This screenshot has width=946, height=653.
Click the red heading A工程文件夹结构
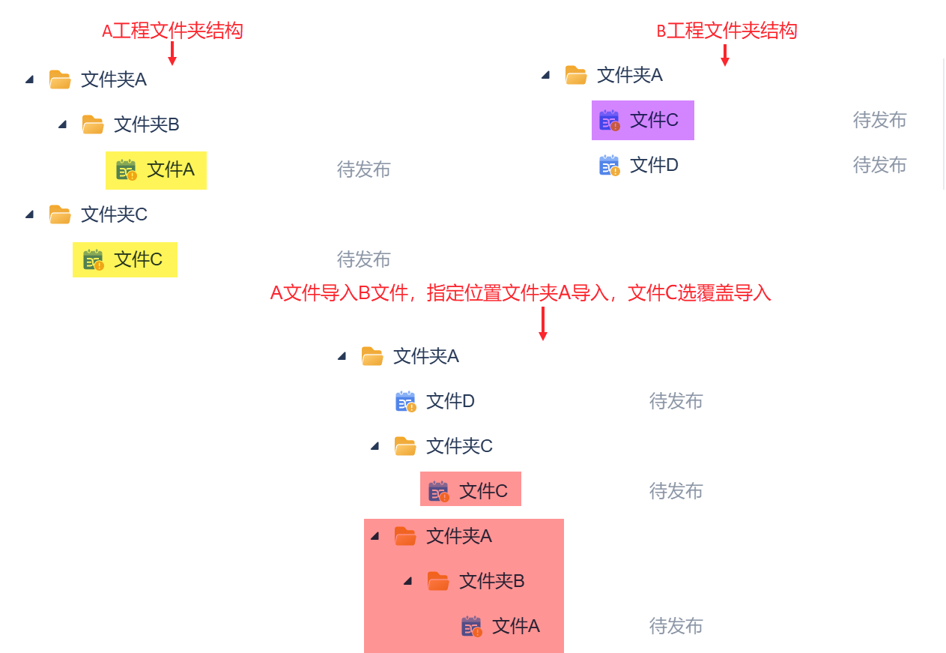click(x=172, y=31)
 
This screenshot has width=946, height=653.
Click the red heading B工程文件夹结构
click(x=727, y=31)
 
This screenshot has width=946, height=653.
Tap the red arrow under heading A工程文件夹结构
click(x=172, y=53)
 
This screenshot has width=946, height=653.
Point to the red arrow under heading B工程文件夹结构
click(x=724, y=55)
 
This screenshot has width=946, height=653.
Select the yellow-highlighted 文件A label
click(x=170, y=169)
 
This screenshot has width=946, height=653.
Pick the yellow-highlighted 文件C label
click(x=138, y=259)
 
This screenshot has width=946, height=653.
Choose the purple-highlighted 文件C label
click(x=654, y=120)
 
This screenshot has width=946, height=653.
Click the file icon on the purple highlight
click(x=610, y=121)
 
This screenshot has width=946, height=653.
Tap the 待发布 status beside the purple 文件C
click(x=879, y=120)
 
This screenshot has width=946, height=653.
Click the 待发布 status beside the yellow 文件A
click(x=363, y=169)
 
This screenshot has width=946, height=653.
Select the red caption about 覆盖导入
click(x=521, y=293)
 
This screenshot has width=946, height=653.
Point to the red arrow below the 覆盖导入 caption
click(x=543, y=323)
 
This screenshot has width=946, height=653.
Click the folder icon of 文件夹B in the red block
click(x=438, y=581)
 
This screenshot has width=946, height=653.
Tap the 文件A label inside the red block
click(x=515, y=626)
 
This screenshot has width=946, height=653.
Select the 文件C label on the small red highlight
click(x=483, y=491)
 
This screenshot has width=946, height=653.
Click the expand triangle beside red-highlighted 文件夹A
click(x=375, y=536)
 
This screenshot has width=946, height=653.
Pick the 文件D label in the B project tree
click(x=654, y=165)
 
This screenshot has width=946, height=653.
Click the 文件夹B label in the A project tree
click(x=146, y=124)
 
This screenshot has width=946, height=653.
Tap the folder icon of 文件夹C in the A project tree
click(x=60, y=214)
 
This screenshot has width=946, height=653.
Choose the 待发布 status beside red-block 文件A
click(x=676, y=626)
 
